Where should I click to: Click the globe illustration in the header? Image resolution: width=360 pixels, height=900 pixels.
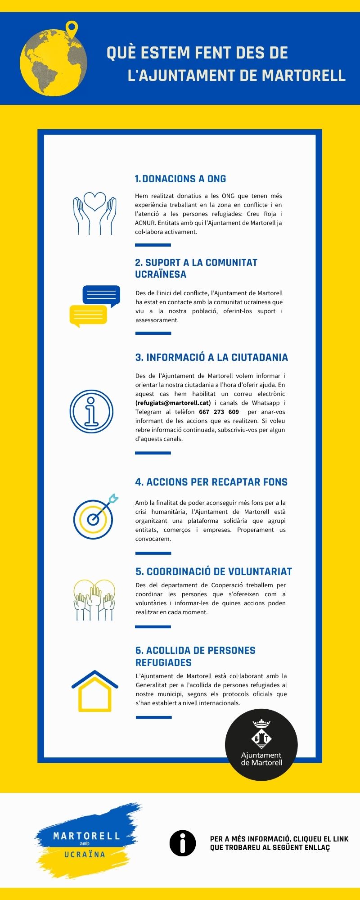pos(53,63)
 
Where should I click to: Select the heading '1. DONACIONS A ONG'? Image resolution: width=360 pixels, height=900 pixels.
pos(180,179)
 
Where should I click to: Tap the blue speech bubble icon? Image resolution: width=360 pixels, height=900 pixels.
pos(101,295)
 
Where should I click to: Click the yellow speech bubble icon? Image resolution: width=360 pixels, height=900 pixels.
pos(88,315)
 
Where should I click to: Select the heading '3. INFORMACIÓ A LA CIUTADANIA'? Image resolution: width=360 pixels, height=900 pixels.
pos(211,357)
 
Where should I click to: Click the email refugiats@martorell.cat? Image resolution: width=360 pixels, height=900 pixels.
pos(173,403)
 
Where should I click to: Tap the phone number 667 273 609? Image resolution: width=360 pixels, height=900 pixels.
pos(219,412)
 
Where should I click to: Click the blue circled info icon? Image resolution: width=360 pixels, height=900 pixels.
pos(91,411)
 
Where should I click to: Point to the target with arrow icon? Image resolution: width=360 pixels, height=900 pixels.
pos(94,517)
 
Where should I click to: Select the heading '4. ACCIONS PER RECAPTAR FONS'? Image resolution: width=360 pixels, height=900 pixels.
pos(211,482)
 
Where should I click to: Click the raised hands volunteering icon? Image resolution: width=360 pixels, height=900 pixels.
pos(94,600)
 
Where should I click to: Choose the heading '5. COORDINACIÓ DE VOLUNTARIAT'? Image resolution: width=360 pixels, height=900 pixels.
pos(214,571)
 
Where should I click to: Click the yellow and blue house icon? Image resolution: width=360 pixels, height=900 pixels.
pos(94,691)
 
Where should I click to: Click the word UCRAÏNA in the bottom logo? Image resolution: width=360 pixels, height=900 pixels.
pos(85,854)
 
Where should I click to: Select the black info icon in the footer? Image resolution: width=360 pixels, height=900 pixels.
pos(182,843)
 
